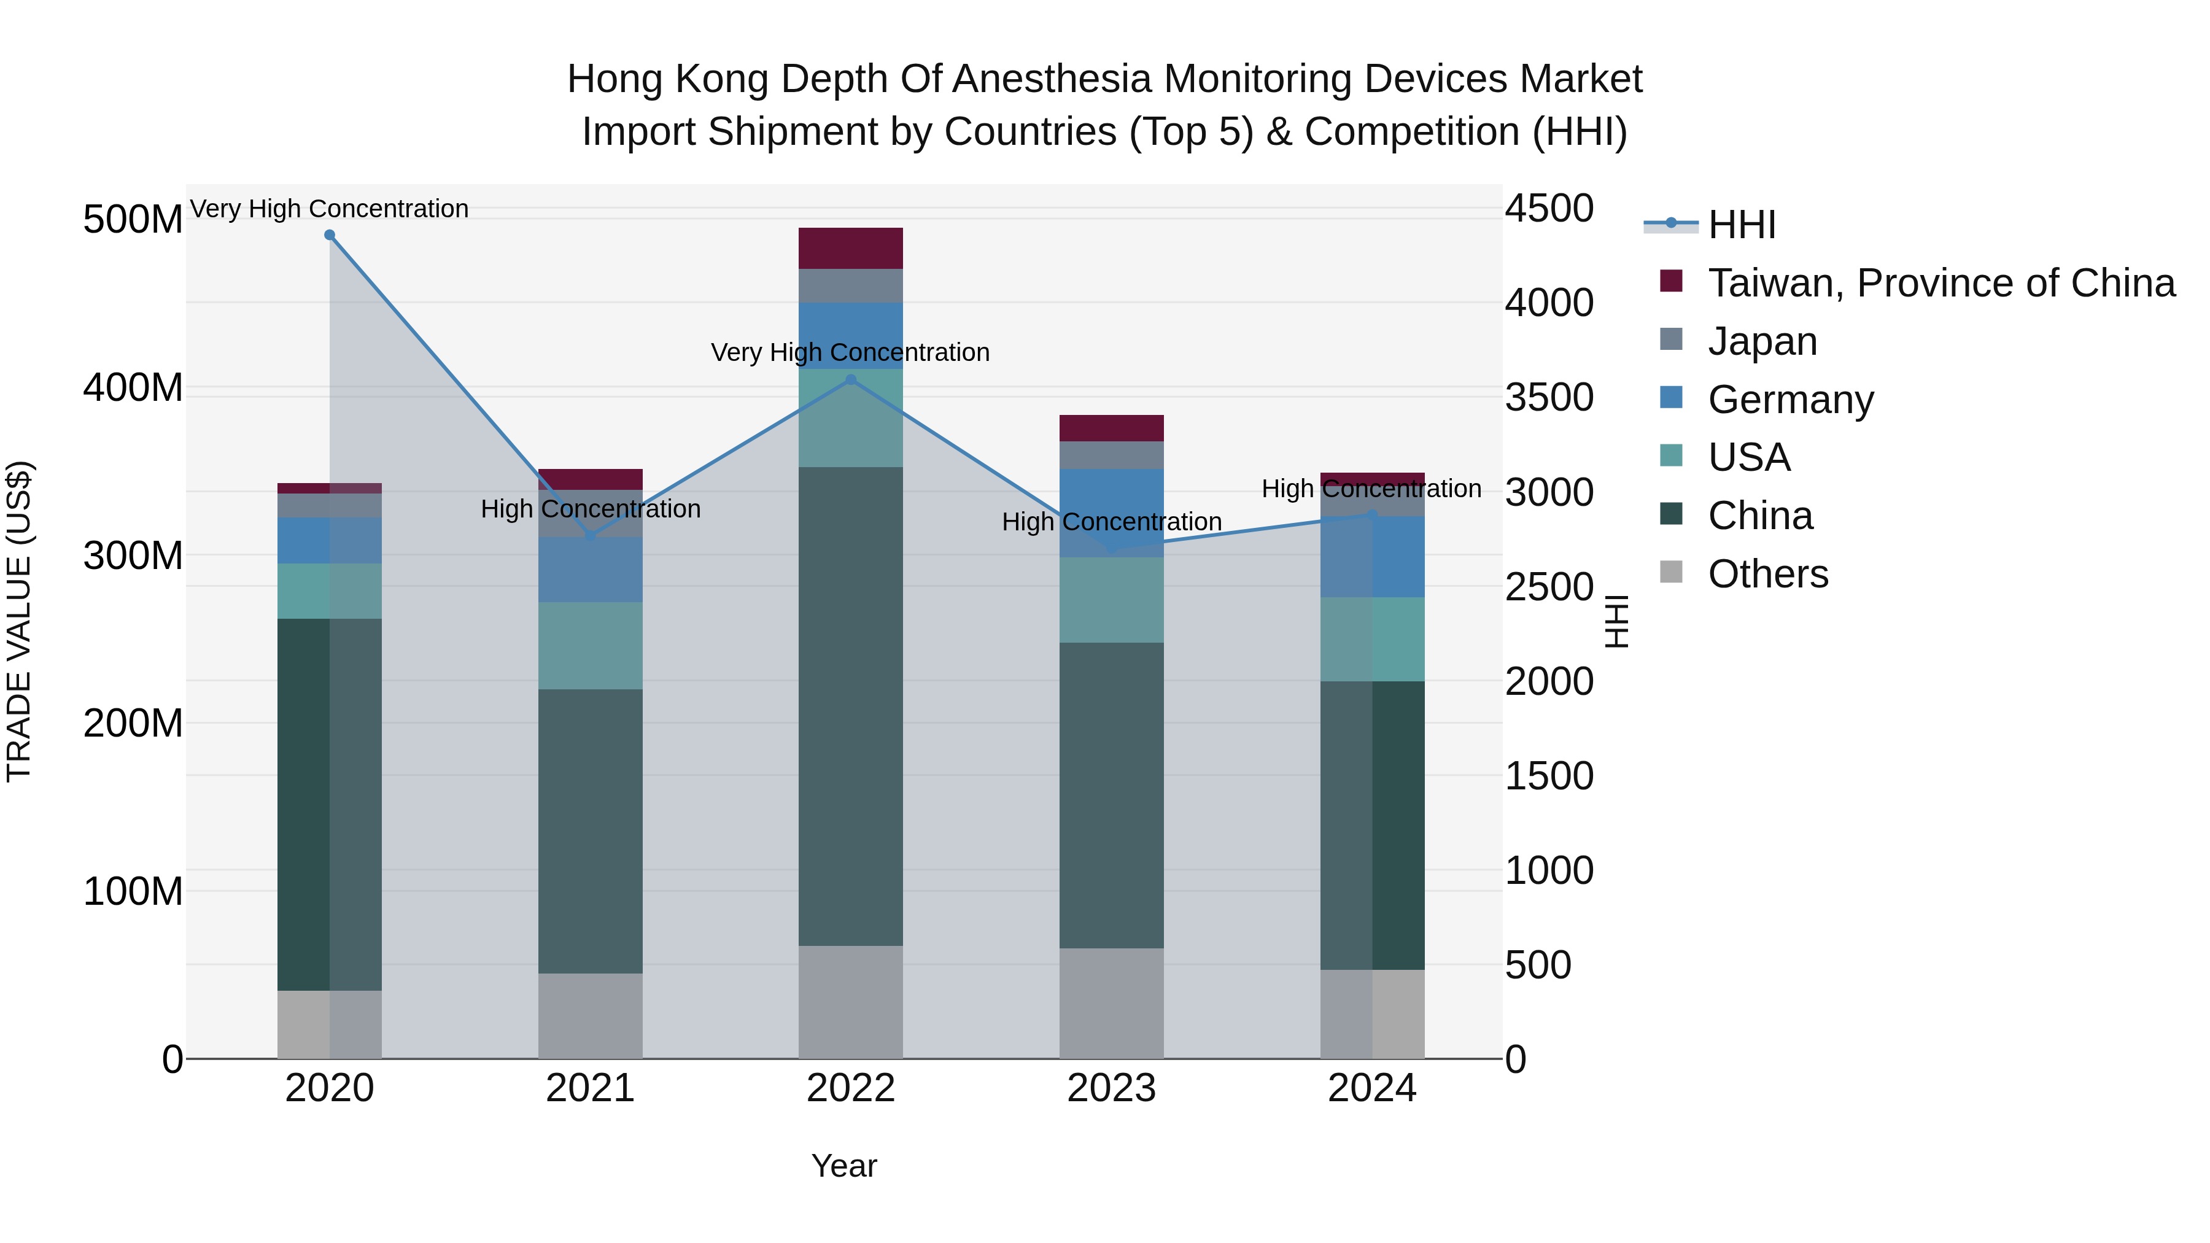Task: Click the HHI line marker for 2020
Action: click(330, 235)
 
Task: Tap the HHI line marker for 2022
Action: click(850, 380)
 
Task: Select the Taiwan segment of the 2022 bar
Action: click(850, 248)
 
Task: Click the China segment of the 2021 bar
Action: click(590, 831)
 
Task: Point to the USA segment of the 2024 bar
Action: click(1372, 639)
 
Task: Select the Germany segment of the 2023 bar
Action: click(1111, 513)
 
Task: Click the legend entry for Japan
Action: click(1762, 341)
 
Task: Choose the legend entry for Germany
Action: click(1791, 400)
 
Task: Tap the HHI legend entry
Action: click(1741, 225)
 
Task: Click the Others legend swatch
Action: click(1671, 572)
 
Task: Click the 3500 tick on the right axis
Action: click(1549, 397)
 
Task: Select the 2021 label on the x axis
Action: click(590, 1088)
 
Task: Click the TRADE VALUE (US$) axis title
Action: click(19, 621)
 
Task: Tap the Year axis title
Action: click(844, 1166)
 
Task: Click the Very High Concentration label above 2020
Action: click(330, 209)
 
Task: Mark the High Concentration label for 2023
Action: click(1111, 522)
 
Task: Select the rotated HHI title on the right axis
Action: click(1616, 621)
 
